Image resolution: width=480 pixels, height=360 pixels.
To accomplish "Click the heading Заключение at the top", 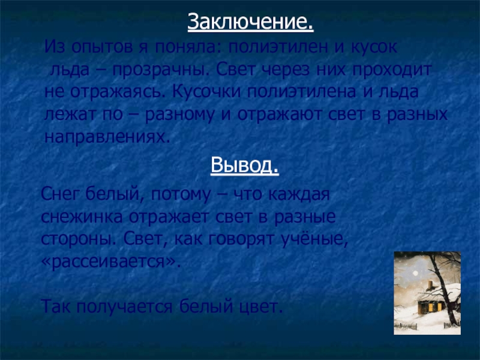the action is pos(250,22).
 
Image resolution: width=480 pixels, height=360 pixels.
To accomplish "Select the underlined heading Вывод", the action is pos(245,166).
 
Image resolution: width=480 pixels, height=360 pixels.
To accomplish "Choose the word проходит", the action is pos(392,70).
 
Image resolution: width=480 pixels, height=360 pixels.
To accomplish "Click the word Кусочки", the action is pos(206,92).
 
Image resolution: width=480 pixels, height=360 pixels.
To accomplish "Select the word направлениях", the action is pos(107,137).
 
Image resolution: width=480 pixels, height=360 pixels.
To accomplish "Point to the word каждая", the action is pos(299,194).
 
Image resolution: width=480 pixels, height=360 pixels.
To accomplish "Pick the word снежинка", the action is pos(82,217).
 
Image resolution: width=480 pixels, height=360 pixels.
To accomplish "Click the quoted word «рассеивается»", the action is pos(111,262).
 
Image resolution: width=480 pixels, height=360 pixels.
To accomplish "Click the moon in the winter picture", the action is pos(415,273).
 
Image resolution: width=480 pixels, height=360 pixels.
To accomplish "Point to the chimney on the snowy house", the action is pos(431,286).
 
